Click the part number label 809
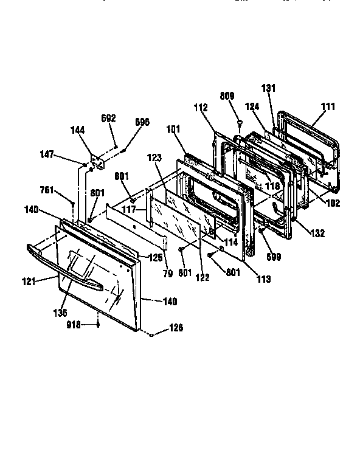227,96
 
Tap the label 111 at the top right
328,106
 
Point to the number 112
201,108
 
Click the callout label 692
108,118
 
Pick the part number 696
142,122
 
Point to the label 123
155,157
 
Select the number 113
263,280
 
